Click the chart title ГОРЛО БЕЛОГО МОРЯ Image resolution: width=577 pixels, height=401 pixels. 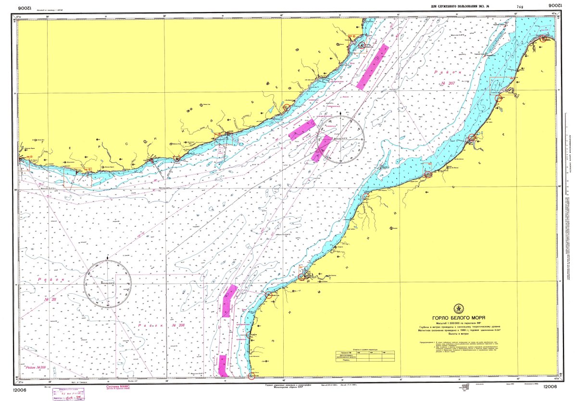pos(458,318)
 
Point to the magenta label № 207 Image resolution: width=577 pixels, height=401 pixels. pos(445,83)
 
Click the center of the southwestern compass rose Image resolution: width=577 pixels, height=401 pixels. pos(107,283)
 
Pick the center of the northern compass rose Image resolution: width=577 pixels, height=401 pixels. pos(341,139)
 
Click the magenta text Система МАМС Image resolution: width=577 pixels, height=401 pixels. pos(118,386)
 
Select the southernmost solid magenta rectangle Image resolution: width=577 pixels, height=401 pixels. pos(223,365)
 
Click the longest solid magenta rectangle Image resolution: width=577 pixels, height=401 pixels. pos(373,67)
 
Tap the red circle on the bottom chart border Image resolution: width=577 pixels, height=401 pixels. pos(251,376)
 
